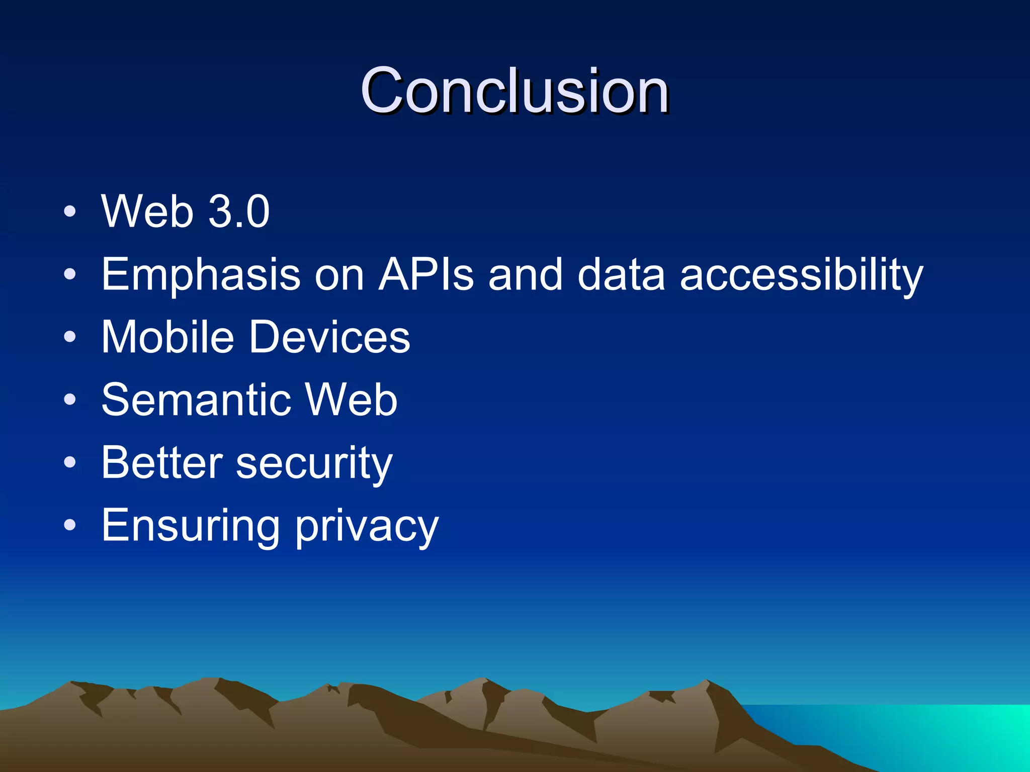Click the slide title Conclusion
514,91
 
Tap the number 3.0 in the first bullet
239,212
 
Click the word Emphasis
201,275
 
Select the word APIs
426,275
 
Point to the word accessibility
801,275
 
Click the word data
622,275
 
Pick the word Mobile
168,337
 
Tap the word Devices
330,337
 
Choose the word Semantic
197,400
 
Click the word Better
162,463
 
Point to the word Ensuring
191,526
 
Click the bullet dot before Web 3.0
70,211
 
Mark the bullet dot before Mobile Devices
70,337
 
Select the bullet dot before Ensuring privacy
70,525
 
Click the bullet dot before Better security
70,462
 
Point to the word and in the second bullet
526,275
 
